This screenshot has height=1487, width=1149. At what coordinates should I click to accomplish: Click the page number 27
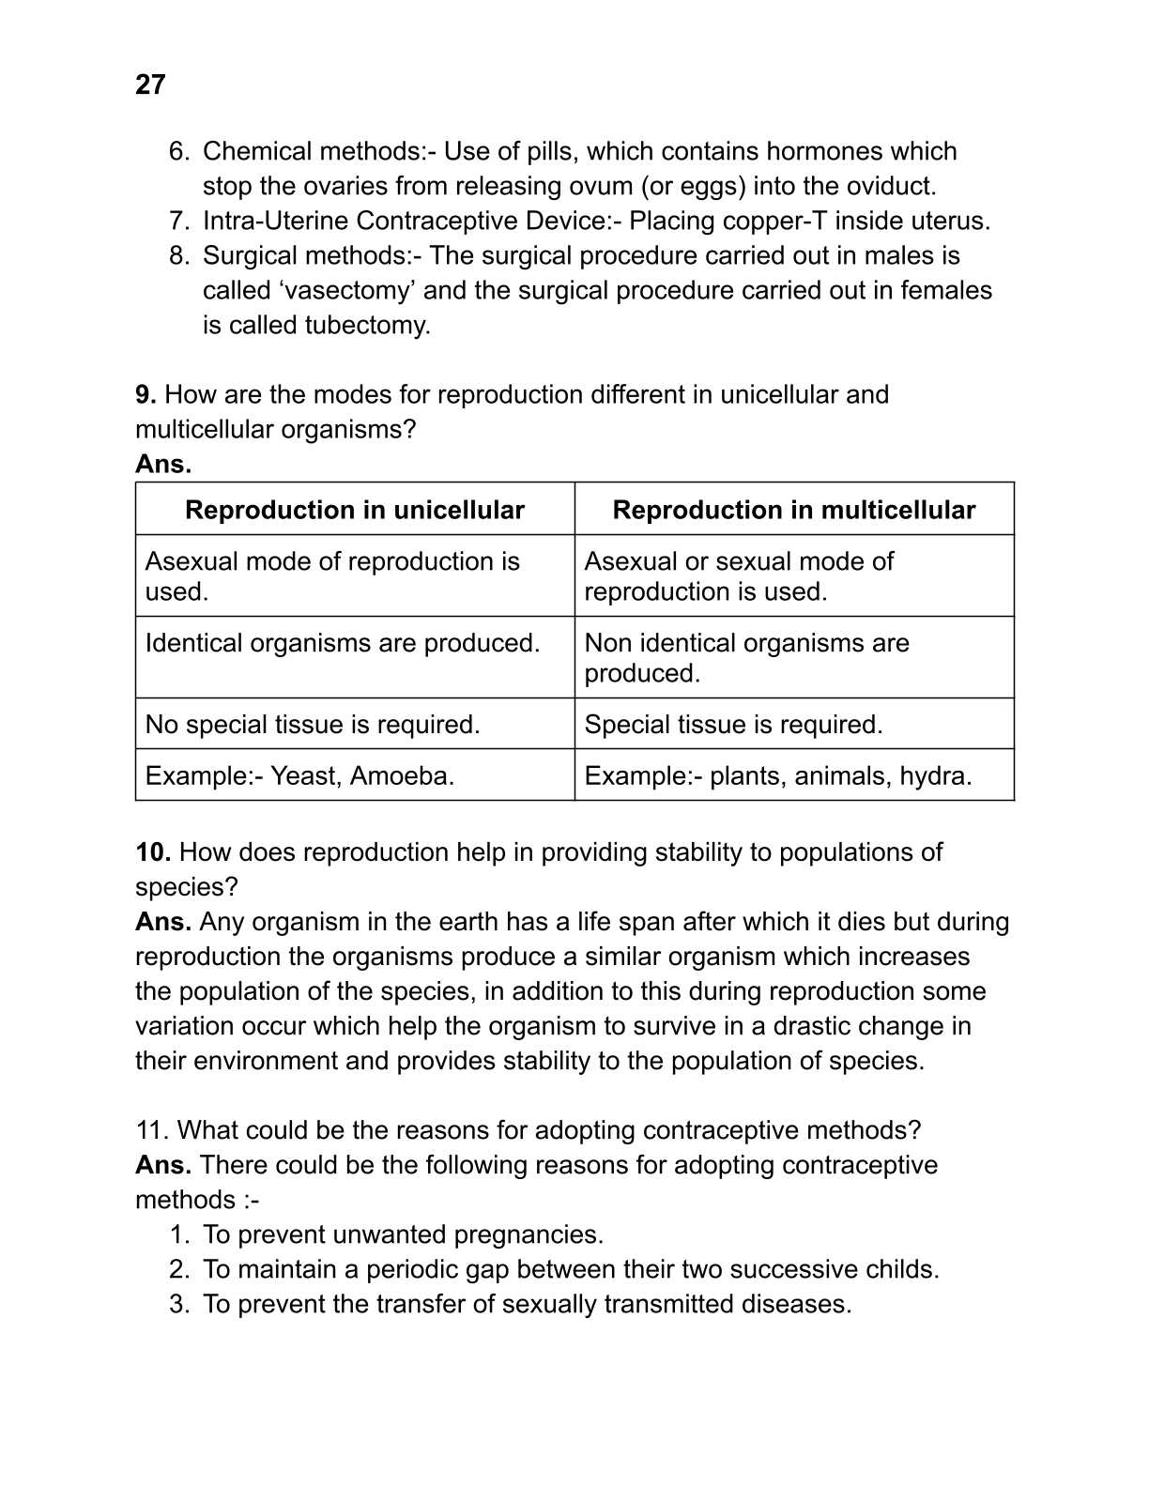[x=150, y=84]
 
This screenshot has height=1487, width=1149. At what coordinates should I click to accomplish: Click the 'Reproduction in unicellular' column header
[x=354, y=510]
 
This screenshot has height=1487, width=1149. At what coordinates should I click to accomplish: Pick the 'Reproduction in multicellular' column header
[x=793, y=510]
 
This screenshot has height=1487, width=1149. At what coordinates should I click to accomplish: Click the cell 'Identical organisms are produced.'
[x=343, y=643]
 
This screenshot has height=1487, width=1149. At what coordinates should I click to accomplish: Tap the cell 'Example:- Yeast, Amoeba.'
[x=299, y=775]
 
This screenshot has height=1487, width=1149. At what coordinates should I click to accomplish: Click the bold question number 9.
[x=146, y=394]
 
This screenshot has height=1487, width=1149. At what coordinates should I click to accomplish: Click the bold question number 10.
[x=153, y=852]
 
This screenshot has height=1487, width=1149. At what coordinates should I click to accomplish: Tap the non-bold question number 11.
[x=153, y=1130]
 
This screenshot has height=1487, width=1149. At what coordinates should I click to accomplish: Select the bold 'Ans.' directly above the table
[x=163, y=464]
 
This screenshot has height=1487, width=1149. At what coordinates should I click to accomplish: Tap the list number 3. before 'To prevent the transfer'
[x=180, y=1304]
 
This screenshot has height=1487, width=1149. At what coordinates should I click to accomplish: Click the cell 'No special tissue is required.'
[x=313, y=725]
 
